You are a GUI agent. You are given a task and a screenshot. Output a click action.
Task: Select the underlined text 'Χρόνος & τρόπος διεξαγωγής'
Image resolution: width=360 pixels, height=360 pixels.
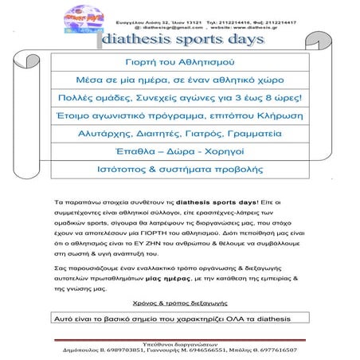(179, 303)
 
